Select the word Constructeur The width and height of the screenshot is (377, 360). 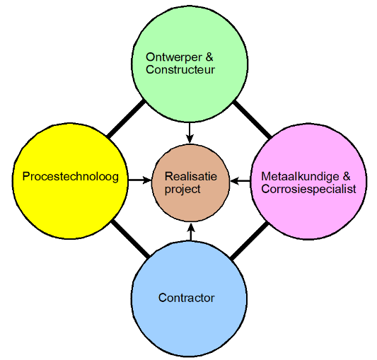point(180,70)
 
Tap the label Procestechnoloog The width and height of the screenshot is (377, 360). point(71,177)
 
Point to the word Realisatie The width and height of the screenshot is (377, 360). point(191,176)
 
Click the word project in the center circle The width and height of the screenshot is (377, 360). point(182,190)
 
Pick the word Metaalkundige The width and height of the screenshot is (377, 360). point(300,177)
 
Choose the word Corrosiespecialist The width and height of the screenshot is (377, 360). point(308,189)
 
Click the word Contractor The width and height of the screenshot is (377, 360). point(186,298)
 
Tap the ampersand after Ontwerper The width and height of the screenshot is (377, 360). point(209,57)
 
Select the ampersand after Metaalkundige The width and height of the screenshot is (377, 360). point(347,176)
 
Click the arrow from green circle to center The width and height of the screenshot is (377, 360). point(190,132)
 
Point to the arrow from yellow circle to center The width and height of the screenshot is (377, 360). point(139,180)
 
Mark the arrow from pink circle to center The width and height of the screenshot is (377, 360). point(240,180)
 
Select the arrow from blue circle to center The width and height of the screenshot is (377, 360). point(191,232)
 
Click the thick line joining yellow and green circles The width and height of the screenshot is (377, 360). point(126,120)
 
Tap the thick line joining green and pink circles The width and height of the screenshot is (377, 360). point(253,120)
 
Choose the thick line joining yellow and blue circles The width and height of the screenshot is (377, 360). point(130,238)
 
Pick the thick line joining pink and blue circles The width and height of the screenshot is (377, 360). point(250,240)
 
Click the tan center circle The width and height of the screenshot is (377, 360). point(190,183)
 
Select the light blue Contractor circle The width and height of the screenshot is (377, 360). point(190,299)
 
